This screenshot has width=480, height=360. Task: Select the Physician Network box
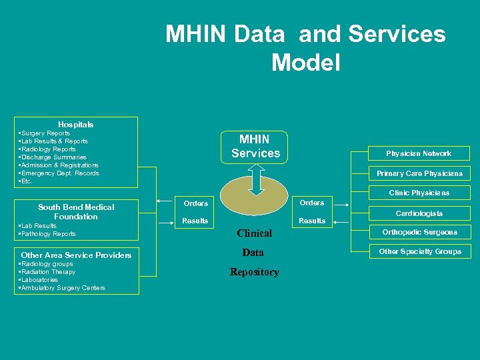[419, 153]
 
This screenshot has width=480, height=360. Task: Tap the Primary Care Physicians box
[419, 173]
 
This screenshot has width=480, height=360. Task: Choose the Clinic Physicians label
[419, 193]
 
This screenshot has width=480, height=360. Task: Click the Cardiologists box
[419, 213]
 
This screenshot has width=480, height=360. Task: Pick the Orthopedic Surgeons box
[419, 233]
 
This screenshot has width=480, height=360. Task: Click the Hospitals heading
[76, 124]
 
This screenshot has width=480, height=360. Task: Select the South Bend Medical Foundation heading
[76, 212]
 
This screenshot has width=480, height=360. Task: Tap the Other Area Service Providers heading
[76, 255]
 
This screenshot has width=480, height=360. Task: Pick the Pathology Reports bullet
[48, 234]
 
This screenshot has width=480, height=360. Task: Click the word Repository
[254, 272]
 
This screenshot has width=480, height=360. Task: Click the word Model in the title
[305, 63]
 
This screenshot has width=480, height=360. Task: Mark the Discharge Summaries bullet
[54, 157]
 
